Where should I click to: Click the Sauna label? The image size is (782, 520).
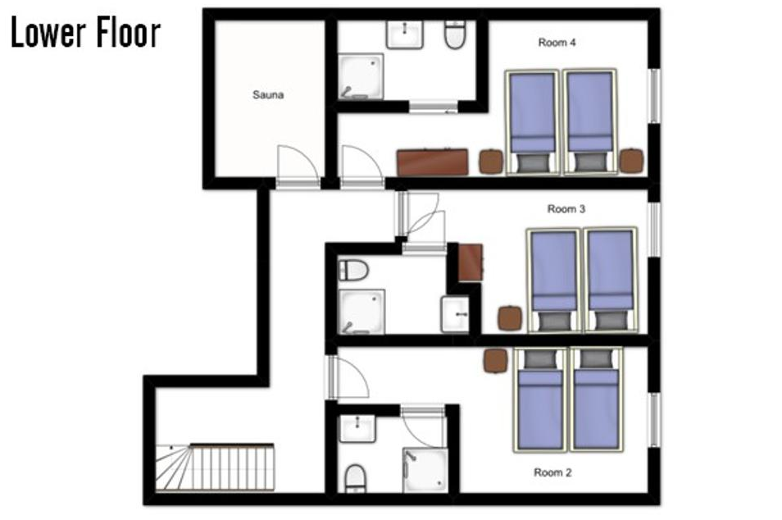tap(268, 95)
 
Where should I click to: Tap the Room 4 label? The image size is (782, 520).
tap(557, 43)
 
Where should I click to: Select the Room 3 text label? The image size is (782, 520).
tap(566, 209)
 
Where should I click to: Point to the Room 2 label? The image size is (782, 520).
tap(552, 472)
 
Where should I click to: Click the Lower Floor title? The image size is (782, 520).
tap(85, 33)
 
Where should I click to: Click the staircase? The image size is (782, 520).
tap(215, 468)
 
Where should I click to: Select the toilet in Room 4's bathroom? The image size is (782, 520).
tap(455, 34)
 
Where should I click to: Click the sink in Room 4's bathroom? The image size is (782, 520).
tap(404, 34)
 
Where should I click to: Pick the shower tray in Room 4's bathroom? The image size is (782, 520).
tap(361, 76)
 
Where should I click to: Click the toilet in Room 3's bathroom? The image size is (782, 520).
tap(353, 271)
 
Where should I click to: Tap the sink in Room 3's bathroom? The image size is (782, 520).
tap(455, 314)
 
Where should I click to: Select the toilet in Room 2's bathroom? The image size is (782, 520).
tap(355, 478)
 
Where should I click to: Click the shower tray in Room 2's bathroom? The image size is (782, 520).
tap(425, 470)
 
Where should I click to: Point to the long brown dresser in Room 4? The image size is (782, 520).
tap(432, 162)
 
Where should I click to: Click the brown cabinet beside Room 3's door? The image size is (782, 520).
tap(471, 263)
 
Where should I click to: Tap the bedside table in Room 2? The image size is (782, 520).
tap(496, 361)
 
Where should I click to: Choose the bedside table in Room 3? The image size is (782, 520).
tap(510, 318)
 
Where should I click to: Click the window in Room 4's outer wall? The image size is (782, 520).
tap(654, 96)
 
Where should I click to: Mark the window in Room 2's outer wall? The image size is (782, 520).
tap(654, 420)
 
